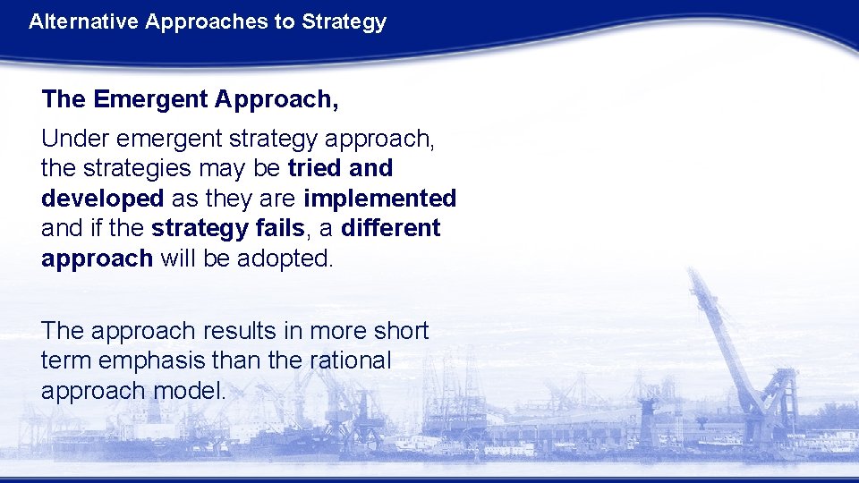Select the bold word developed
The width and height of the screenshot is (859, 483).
pyautogui.click(x=102, y=198)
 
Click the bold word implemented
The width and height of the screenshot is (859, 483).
pyautogui.click(x=379, y=198)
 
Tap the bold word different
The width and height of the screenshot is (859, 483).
pyautogui.click(x=390, y=228)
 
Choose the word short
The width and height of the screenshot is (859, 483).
pyautogui.click(x=400, y=331)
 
